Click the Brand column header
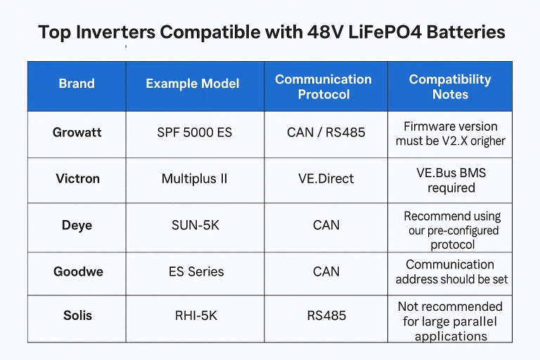click(x=77, y=84)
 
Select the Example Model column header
click(x=193, y=84)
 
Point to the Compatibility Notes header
click(x=450, y=86)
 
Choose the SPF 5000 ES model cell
click(x=195, y=132)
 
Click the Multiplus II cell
click(x=194, y=179)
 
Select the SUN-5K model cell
click(x=195, y=225)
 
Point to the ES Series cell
click(x=195, y=271)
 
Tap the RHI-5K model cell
click(x=195, y=315)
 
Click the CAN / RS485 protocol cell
click(x=326, y=132)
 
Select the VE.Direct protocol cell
click(x=326, y=179)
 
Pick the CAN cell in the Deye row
click(x=326, y=225)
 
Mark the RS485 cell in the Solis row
click(x=326, y=315)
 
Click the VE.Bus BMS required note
click(x=451, y=180)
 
